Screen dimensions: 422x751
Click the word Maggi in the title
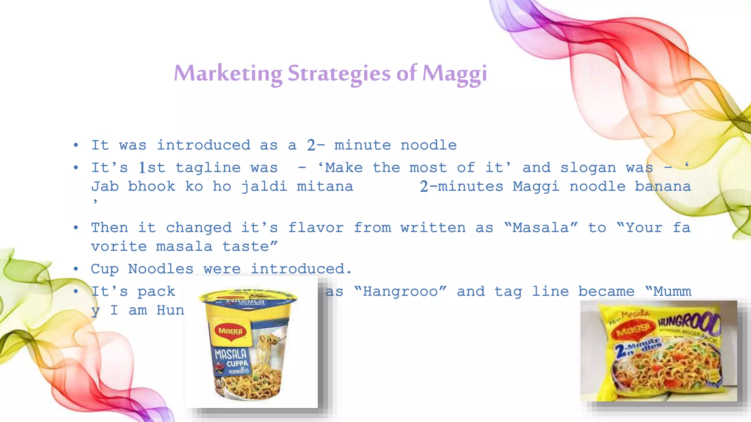click(455, 74)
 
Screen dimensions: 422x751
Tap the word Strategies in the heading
click(339, 74)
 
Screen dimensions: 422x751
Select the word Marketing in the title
click(228, 74)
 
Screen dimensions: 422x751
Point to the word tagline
click(208, 168)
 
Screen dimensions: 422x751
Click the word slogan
click(588, 168)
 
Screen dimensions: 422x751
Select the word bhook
click(151, 186)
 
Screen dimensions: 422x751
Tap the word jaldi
click(264, 186)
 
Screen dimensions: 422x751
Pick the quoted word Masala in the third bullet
click(541, 228)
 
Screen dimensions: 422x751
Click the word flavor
click(316, 228)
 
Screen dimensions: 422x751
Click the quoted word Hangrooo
click(400, 292)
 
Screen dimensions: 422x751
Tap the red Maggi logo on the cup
click(230, 331)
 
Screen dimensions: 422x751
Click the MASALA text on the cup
click(231, 354)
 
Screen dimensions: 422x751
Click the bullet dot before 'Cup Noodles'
click(76, 269)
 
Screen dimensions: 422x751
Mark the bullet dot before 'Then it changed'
click(76, 228)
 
